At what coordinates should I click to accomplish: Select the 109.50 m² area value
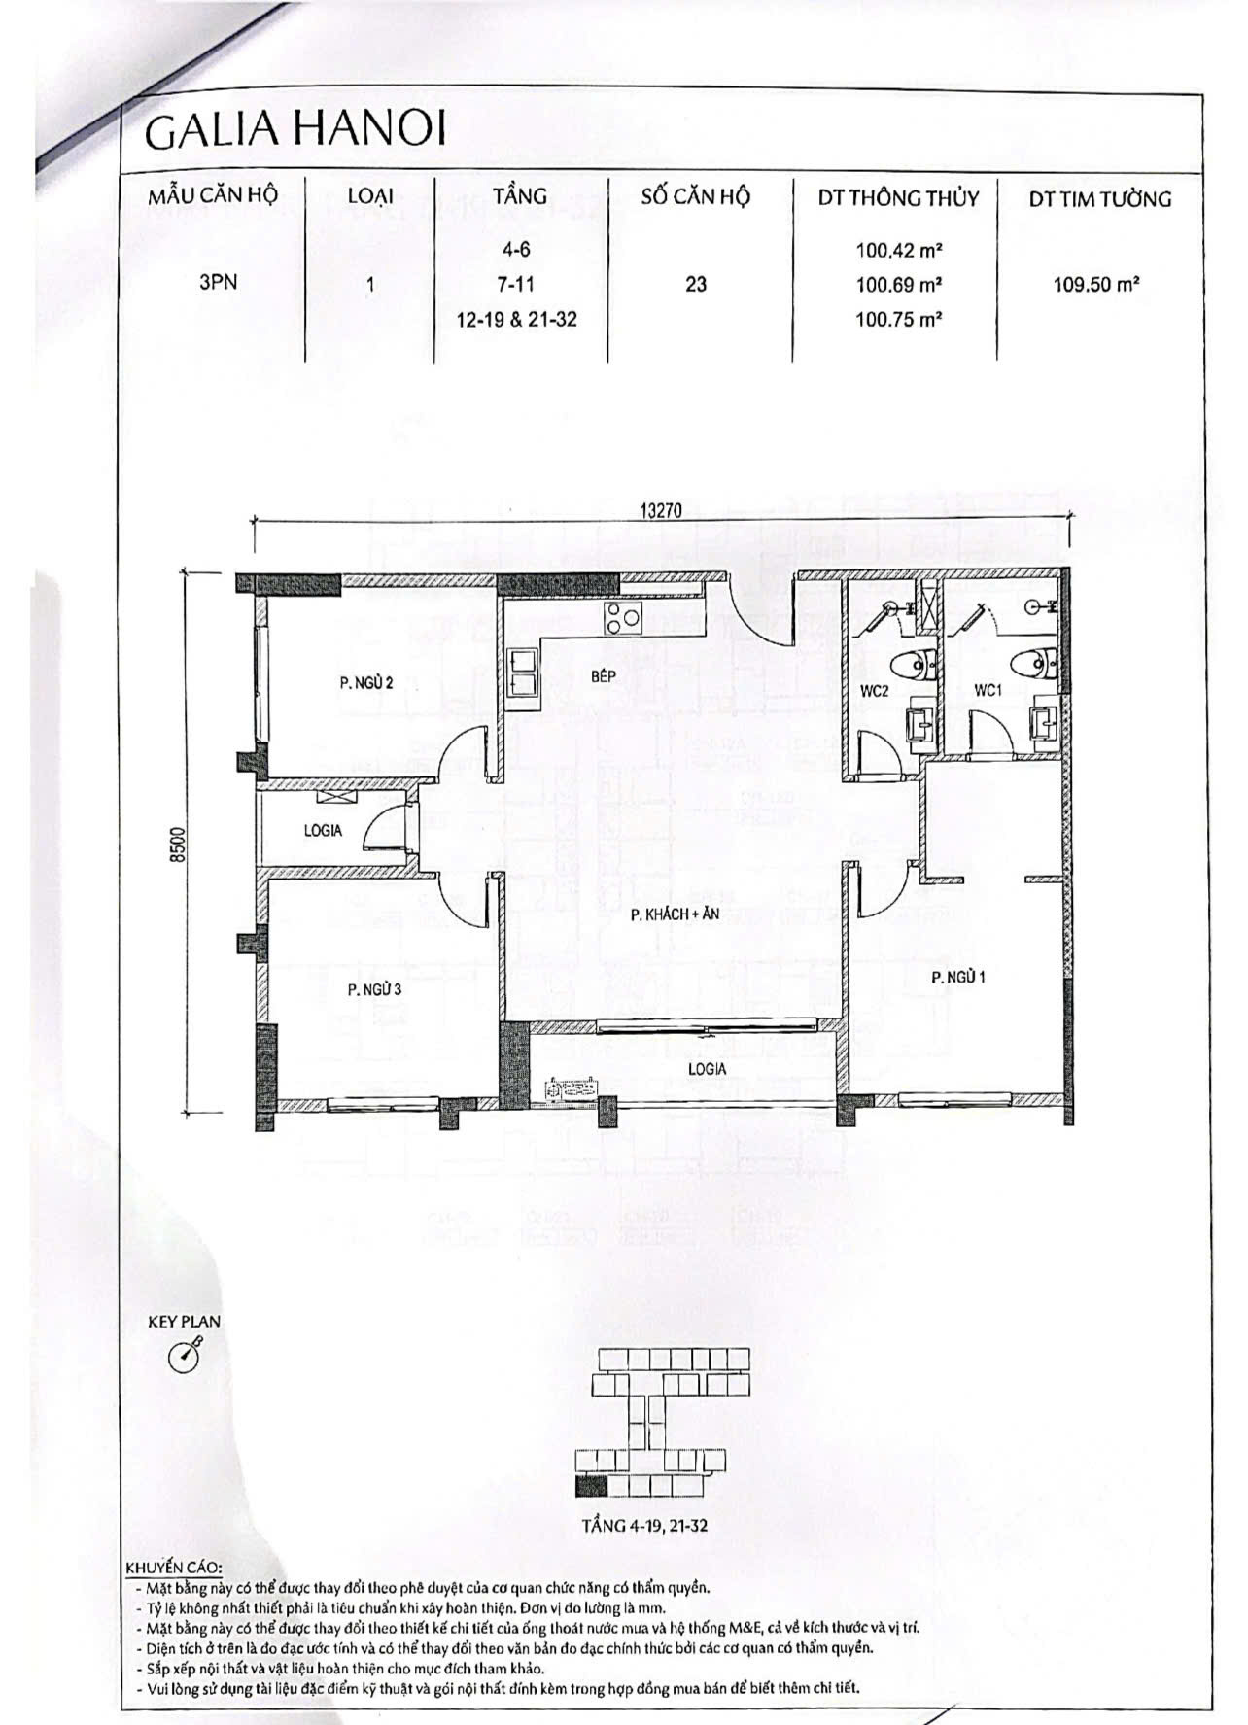[x=1096, y=285]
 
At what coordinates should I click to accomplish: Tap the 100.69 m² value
[x=899, y=285]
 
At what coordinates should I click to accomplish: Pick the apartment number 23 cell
[x=696, y=285]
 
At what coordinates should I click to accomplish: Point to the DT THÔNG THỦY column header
[x=898, y=199]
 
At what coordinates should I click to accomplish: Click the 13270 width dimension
[x=661, y=510]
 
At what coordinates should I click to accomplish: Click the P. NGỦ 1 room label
[x=958, y=978]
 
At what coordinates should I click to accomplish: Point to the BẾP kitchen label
[x=603, y=676]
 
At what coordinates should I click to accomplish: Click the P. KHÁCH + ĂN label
[x=675, y=914]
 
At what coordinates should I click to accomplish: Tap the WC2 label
[x=875, y=692]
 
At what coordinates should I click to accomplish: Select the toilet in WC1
[x=1029, y=666]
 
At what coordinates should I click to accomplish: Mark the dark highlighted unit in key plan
[x=590, y=1485]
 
